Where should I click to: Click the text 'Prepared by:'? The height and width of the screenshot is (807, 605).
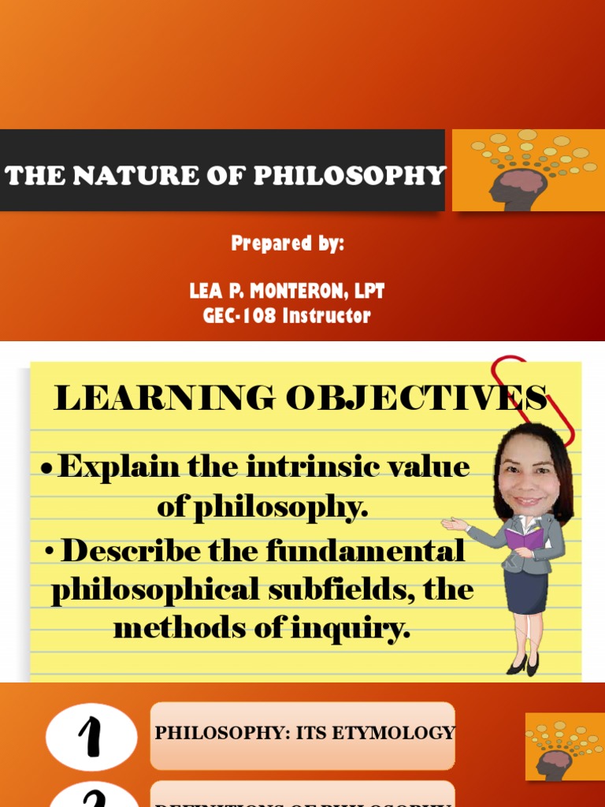pos(288,244)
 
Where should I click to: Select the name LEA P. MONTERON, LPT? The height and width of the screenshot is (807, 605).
pos(287,292)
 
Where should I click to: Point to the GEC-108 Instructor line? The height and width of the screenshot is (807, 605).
pos(287,316)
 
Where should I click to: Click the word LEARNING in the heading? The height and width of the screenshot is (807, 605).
pos(164,399)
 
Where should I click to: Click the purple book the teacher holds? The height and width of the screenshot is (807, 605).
pos(522,538)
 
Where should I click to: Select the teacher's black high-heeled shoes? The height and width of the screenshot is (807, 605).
pos(524,664)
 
